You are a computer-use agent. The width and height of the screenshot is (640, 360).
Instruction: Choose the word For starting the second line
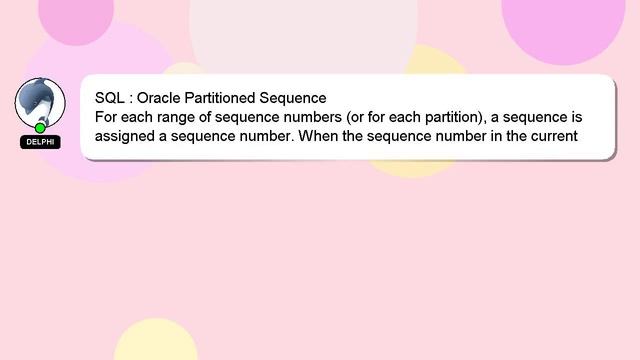tap(106, 117)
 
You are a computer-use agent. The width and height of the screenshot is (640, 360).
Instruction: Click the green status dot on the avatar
tap(40, 128)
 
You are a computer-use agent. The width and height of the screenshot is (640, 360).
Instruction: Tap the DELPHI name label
tap(40, 142)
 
